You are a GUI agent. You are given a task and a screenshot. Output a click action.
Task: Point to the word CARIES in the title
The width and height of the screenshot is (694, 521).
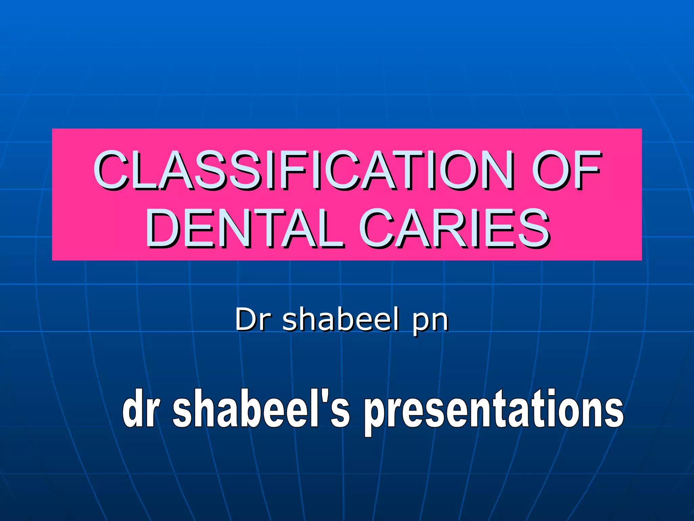pyautogui.click(x=454, y=228)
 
